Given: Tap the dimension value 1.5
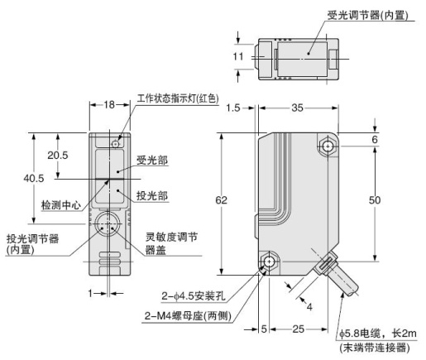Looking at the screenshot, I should pos(232,108).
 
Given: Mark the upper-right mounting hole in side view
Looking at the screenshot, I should pos(329,146).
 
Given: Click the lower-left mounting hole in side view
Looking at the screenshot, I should pos(270,263).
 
